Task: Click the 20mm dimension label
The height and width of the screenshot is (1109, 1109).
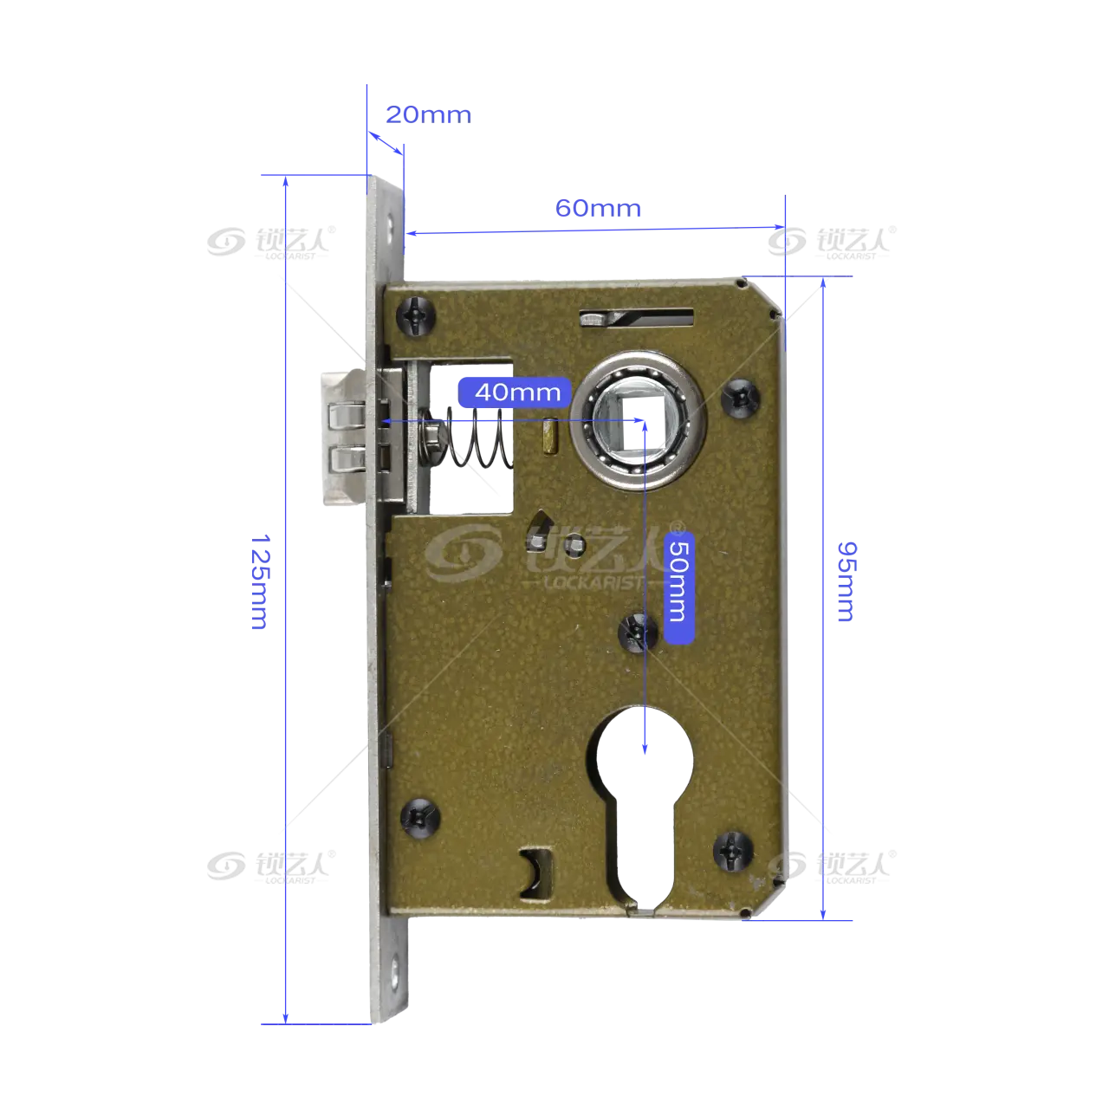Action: [428, 115]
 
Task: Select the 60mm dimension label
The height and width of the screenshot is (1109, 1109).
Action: [598, 208]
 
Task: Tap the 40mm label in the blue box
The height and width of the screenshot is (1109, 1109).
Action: [517, 392]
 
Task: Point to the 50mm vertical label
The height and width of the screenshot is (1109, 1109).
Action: [679, 581]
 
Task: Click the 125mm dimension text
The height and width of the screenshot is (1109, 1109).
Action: [260, 582]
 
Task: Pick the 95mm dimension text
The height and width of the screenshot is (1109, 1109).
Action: [846, 581]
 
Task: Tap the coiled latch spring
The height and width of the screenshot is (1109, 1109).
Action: [480, 438]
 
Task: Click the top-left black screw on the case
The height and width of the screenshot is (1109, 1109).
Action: [416, 315]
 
